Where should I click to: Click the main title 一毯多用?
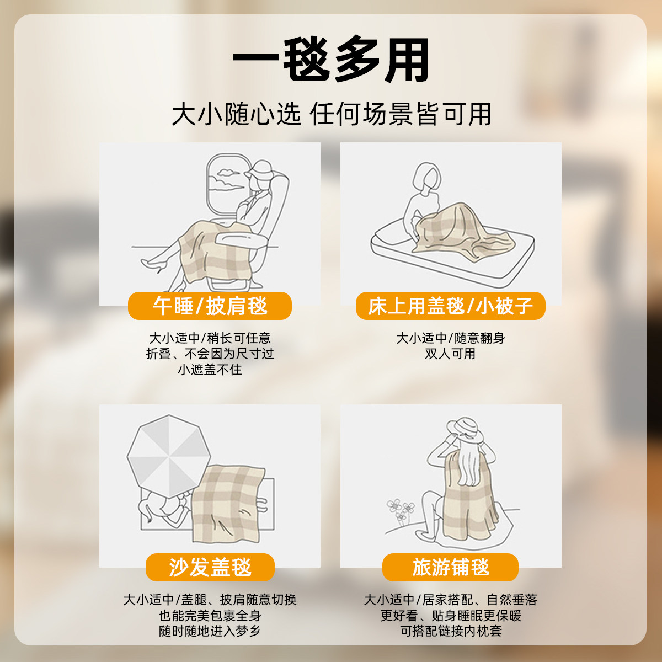coord(331,60)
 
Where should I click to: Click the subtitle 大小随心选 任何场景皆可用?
coord(331,114)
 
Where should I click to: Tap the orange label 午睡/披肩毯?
coord(210,306)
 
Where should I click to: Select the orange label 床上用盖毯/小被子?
coord(450,306)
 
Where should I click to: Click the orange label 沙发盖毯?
coord(210,567)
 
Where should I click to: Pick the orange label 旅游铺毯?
coord(450,567)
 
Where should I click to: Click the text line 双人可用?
coord(450,354)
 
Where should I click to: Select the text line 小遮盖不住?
coord(210,370)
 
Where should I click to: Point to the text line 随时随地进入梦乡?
coord(210,631)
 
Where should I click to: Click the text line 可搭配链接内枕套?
coord(450,631)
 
